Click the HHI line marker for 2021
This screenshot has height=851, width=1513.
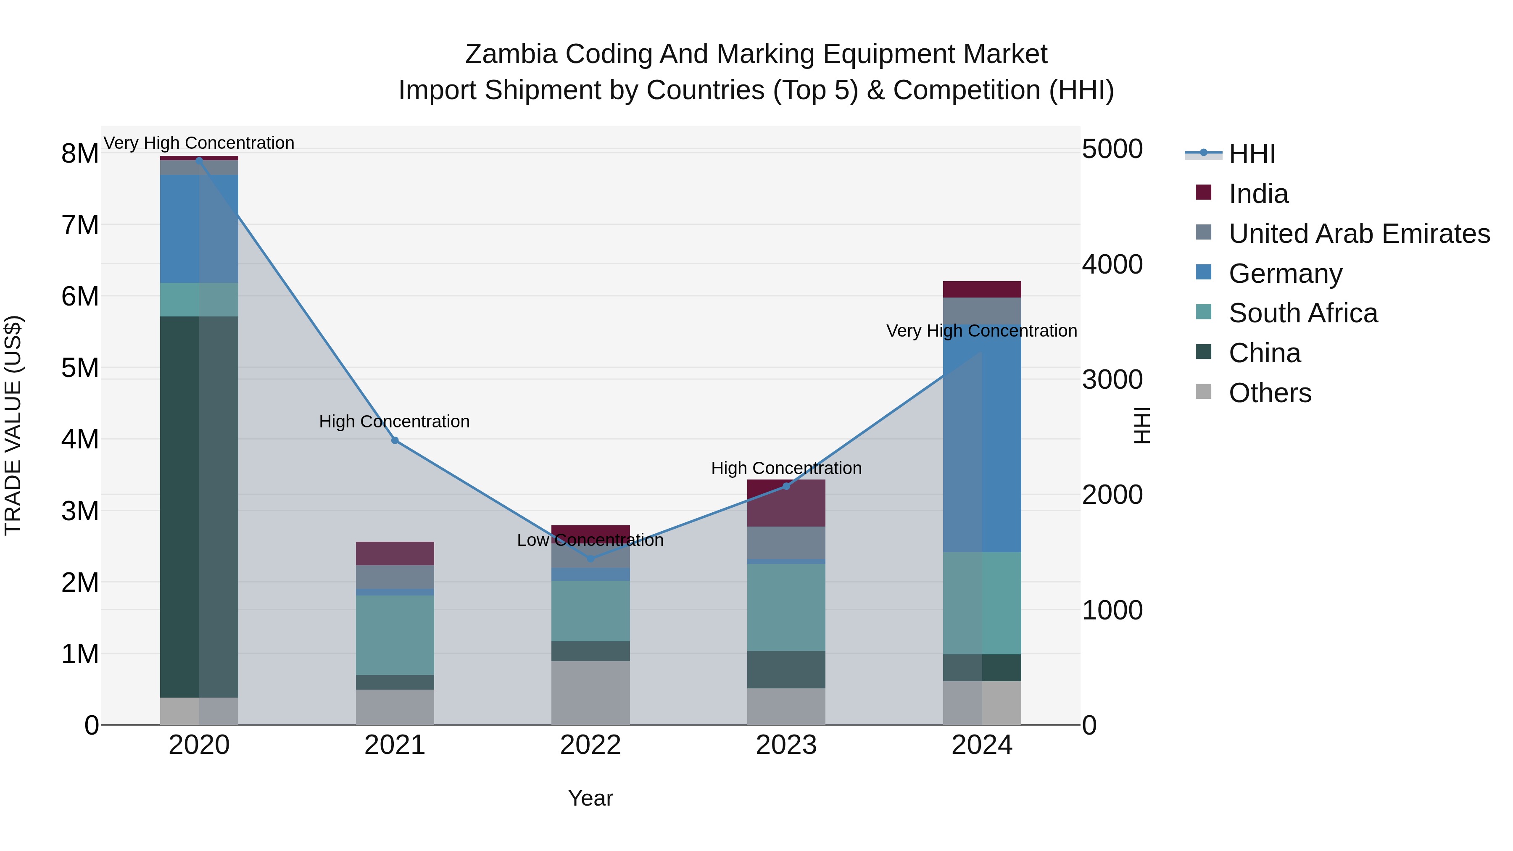(395, 440)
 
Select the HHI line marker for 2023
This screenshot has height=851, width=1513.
(786, 486)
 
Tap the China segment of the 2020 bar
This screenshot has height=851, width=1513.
(199, 506)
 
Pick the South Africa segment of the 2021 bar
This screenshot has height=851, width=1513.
(395, 635)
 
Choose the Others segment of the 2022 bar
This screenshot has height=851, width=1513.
(590, 693)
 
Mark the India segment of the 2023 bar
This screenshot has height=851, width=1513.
(786, 503)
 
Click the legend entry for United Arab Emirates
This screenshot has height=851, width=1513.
(1358, 234)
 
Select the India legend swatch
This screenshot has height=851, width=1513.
(1204, 192)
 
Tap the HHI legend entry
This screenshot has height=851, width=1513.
(1251, 154)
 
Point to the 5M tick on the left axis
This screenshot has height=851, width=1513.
(80, 368)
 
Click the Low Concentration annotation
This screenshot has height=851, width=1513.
(590, 540)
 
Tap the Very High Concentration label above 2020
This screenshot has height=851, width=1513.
(199, 143)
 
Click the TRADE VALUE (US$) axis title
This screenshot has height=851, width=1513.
(13, 425)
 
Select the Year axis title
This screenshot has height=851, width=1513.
(590, 799)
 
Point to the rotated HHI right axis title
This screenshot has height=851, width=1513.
(1141, 425)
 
